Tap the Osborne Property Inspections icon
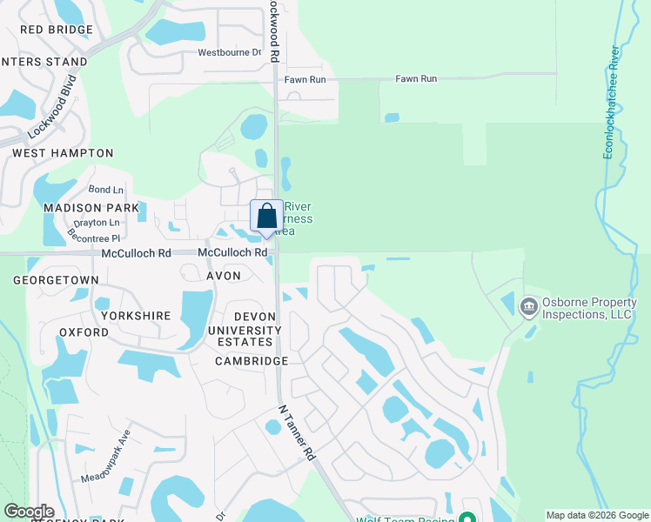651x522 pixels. [x=527, y=307]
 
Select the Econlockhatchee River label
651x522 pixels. [x=613, y=103]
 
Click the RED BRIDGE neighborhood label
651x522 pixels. [x=56, y=30]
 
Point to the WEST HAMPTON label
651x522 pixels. [x=63, y=153]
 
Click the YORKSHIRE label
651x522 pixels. [x=133, y=315]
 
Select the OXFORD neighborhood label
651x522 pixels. [x=84, y=332]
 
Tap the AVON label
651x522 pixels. [x=223, y=275]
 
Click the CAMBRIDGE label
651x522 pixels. [x=252, y=361]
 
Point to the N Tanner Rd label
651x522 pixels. [x=296, y=432]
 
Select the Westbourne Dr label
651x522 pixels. [x=230, y=52]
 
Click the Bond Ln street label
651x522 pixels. [x=106, y=190]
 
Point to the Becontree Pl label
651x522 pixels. [x=96, y=237]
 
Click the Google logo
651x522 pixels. [x=29, y=512]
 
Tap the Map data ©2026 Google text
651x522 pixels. [x=596, y=515]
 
